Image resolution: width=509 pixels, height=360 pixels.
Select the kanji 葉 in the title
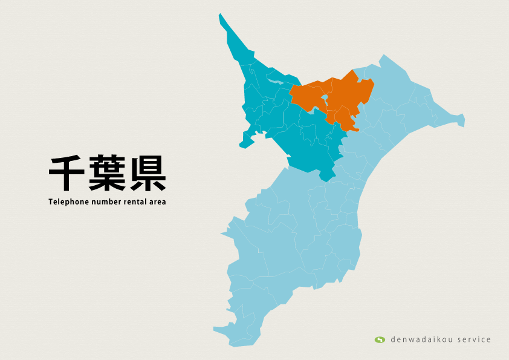pos(107,174)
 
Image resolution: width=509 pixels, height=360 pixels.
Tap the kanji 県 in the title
pos(146,174)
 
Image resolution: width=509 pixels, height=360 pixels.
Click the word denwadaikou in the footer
pos(418,339)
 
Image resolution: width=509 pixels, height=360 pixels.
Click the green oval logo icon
pos(380,339)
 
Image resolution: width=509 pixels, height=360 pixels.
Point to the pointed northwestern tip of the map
pos(221,16)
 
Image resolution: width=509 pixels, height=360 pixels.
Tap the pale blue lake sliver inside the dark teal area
pos(275,80)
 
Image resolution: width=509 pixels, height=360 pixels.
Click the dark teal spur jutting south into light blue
pos(326,176)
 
